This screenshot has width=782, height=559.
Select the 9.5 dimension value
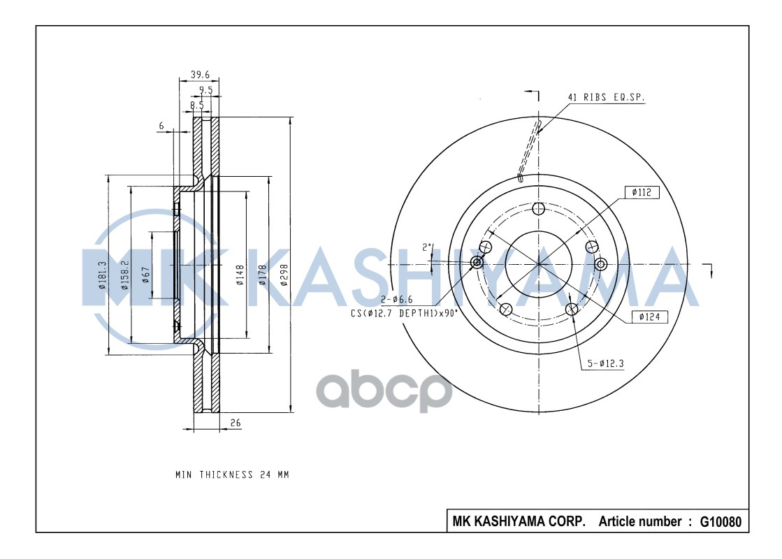click(x=205, y=90)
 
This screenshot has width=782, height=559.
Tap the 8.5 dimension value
click(x=197, y=106)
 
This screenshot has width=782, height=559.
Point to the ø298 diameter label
click(x=284, y=275)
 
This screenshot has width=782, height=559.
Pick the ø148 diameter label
click(x=240, y=275)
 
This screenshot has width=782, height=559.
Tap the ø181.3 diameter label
click(x=102, y=275)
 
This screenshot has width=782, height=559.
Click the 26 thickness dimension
click(x=235, y=423)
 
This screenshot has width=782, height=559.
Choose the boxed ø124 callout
click(x=649, y=317)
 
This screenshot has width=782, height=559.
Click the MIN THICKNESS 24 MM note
click(x=232, y=475)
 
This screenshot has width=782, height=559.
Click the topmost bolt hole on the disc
click(x=538, y=208)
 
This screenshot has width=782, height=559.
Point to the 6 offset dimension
click(x=161, y=126)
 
